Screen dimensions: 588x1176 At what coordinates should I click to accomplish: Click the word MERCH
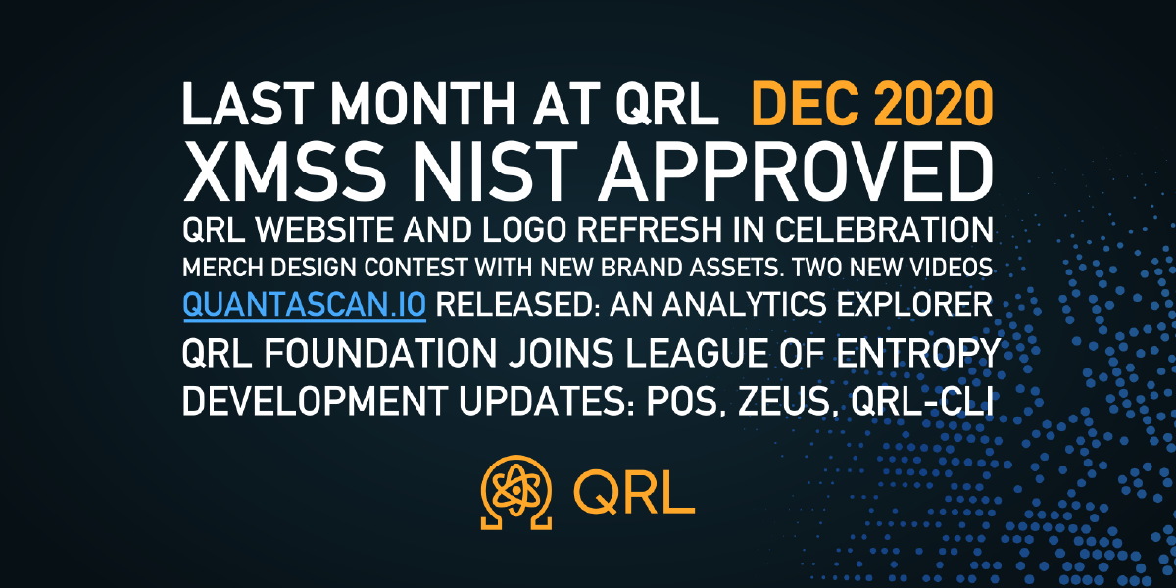point(220,268)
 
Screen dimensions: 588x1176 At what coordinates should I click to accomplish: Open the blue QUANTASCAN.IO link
point(304,305)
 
